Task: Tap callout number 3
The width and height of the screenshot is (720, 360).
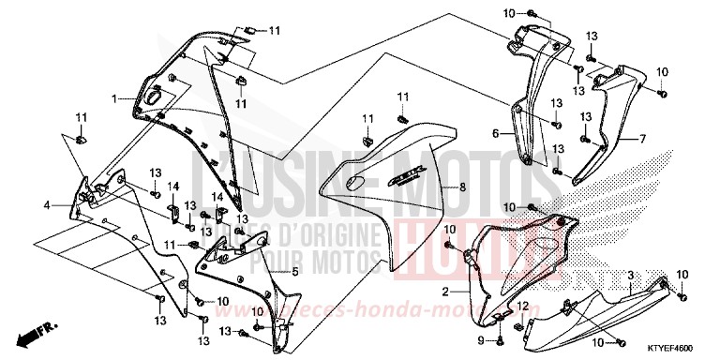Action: [x=631, y=275]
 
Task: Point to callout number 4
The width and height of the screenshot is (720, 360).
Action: [x=46, y=203]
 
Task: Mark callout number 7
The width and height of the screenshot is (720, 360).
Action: [x=643, y=139]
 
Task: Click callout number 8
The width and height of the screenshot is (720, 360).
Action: [x=461, y=187]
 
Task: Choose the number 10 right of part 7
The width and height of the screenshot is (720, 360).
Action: [x=662, y=71]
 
